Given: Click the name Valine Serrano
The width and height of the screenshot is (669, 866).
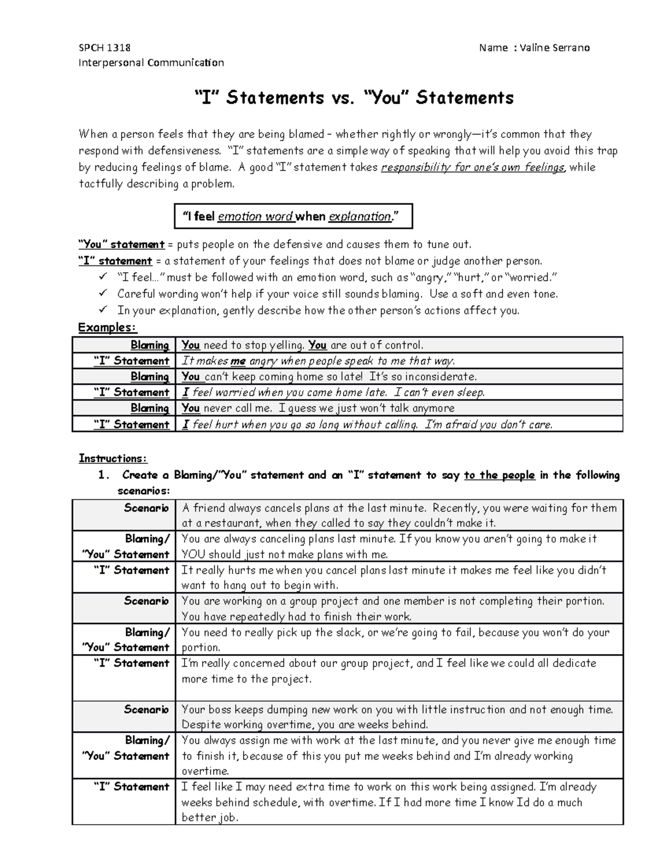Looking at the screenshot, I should point(554,47).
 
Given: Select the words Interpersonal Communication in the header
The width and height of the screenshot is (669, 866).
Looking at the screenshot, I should point(151,62).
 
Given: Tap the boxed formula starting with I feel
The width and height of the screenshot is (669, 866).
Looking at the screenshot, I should point(293,216).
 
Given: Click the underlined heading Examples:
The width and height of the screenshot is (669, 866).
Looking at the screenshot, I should point(107,327).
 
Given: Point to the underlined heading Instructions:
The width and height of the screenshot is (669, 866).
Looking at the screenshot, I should point(113,458).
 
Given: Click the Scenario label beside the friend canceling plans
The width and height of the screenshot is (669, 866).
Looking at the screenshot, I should point(146,508).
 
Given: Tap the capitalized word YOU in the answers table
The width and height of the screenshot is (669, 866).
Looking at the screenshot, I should point(193,554).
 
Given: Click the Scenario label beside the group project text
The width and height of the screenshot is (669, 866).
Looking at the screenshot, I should point(146,601).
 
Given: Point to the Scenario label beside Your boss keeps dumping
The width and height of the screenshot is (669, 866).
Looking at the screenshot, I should point(146,709).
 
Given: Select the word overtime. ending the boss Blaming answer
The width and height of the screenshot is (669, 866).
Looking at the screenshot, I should point(205,771).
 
